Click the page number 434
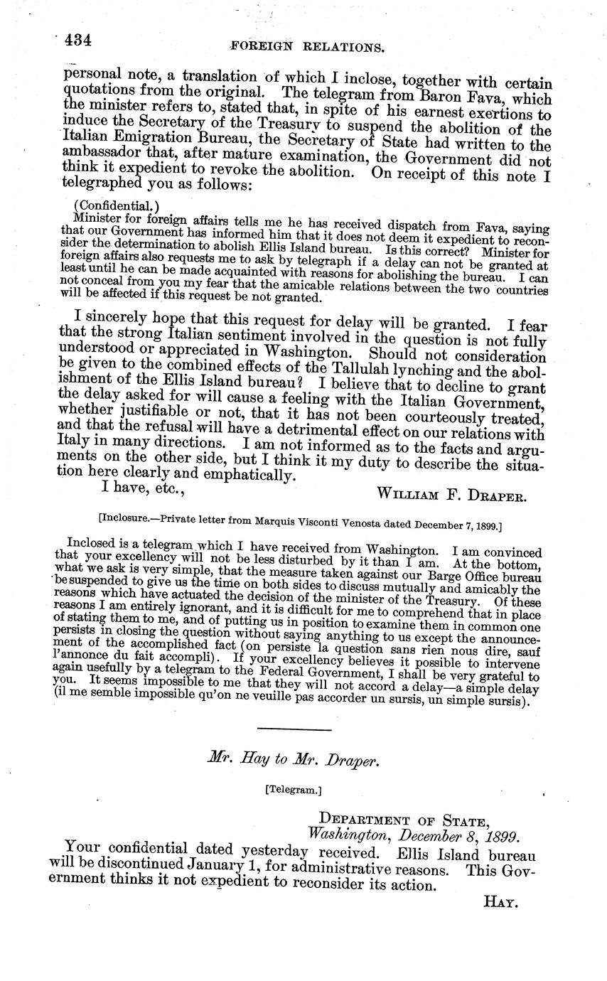tap(77, 41)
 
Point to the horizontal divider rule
tap(294, 729)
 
